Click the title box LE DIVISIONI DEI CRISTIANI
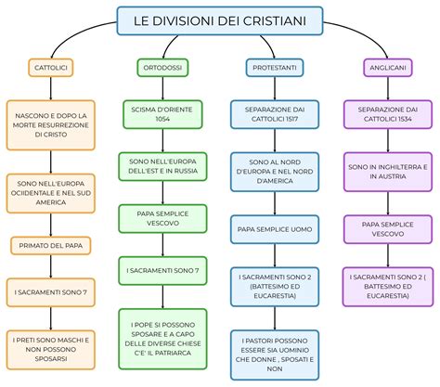click(x=219, y=19)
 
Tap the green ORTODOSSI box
click(x=162, y=69)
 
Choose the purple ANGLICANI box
click(x=383, y=69)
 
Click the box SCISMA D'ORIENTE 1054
click(x=162, y=115)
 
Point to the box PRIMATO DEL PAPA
click(x=50, y=245)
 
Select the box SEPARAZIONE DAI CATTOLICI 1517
click(x=275, y=115)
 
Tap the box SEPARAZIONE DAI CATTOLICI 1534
click(x=383, y=115)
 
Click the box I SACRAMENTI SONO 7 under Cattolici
click(x=50, y=291)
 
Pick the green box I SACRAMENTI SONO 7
click(x=162, y=271)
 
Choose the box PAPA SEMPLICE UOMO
click(x=275, y=227)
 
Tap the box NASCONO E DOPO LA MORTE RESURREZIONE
click(x=50, y=124)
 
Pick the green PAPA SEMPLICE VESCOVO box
click(x=162, y=219)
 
